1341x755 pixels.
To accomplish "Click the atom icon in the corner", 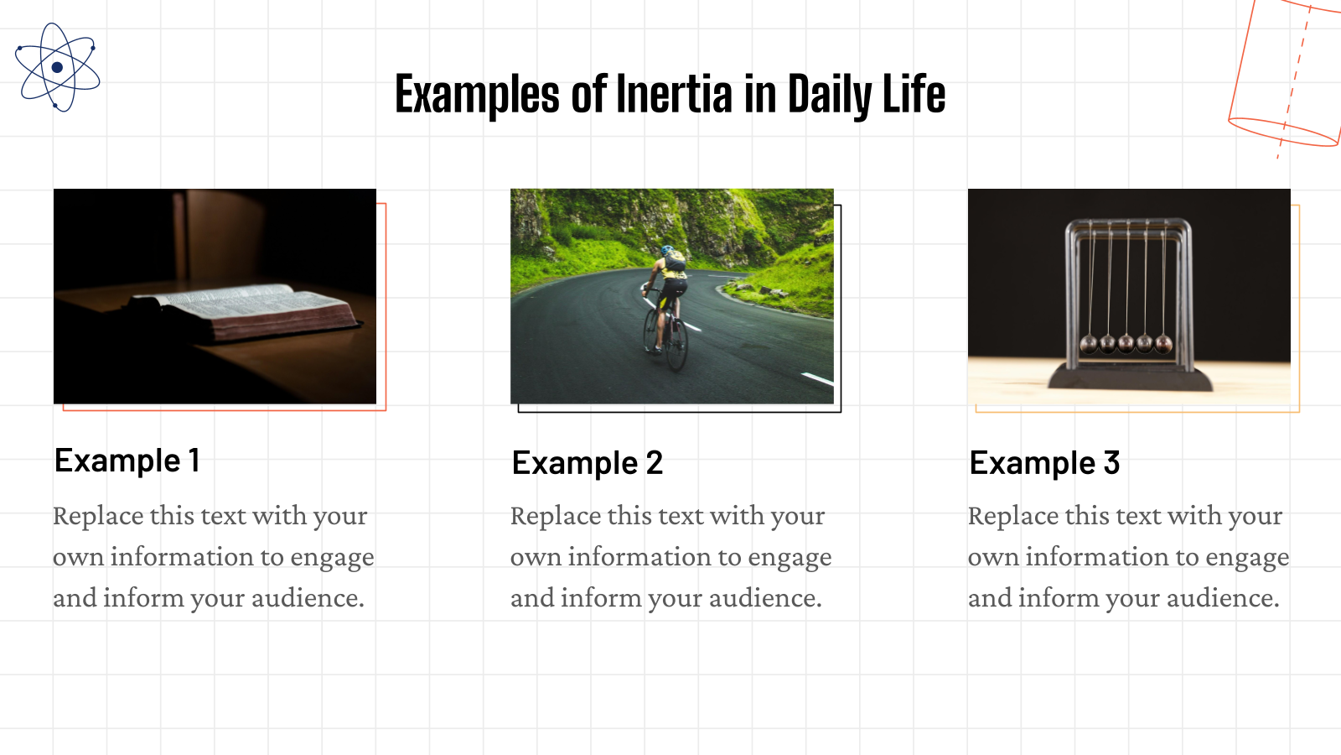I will point(57,67).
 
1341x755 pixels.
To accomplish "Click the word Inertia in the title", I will point(674,94).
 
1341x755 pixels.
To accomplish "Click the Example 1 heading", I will point(127,461).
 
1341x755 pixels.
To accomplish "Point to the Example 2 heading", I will point(587,463).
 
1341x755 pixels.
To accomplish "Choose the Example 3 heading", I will point(1044,463).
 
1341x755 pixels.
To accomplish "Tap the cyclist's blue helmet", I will point(667,250).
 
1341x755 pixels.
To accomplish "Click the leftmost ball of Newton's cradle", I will point(1089,342).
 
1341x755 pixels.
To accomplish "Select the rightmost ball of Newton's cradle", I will point(1163,342).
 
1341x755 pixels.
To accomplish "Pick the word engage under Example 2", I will point(790,558).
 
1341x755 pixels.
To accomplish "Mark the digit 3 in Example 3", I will point(1111,463).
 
